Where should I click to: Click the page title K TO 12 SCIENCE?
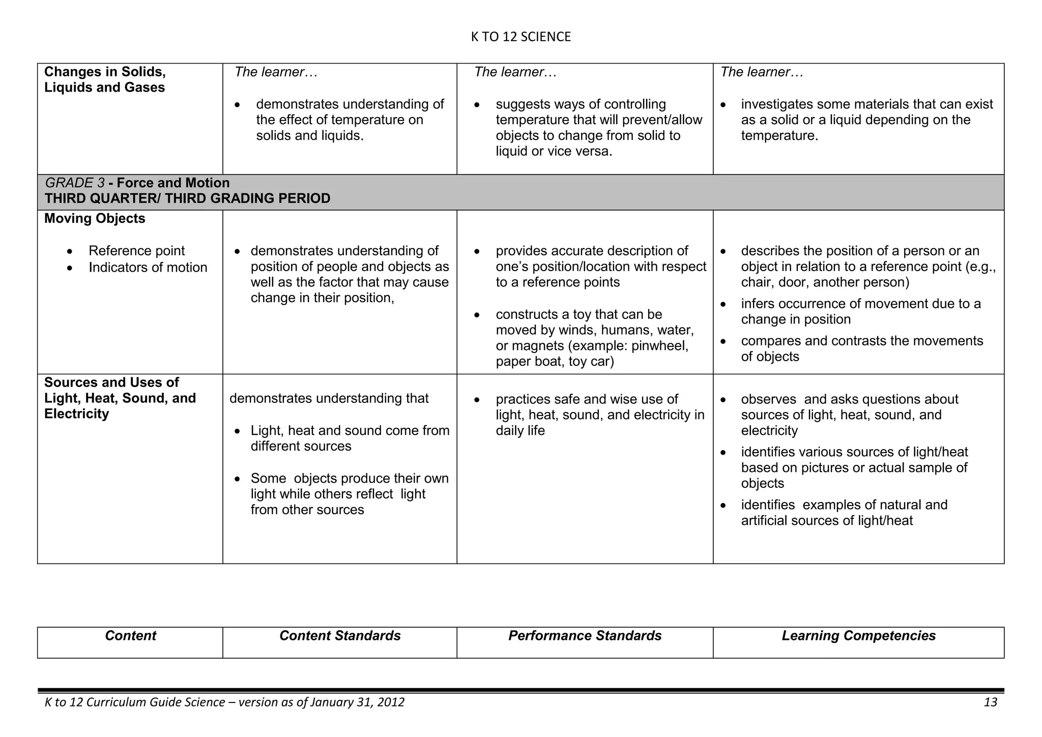pos(520,37)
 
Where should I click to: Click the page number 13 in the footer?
pos(990,702)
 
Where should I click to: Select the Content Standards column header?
pos(340,636)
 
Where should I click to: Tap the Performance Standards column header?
pos(585,636)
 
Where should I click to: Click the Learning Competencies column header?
pos(858,636)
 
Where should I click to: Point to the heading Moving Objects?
pos(95,219)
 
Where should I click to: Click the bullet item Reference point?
pos(136,251)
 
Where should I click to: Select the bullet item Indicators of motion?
pos(148,268)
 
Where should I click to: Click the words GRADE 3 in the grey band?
pos(75,183)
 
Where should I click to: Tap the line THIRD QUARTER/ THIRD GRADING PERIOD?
pos(187,198)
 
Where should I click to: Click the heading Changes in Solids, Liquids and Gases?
pos(105,80)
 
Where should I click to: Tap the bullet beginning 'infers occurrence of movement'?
pos(860,311)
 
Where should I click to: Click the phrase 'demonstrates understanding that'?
pos(329,398)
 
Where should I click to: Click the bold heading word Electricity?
pos(76,414)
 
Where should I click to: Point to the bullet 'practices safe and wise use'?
pos(587,399)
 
